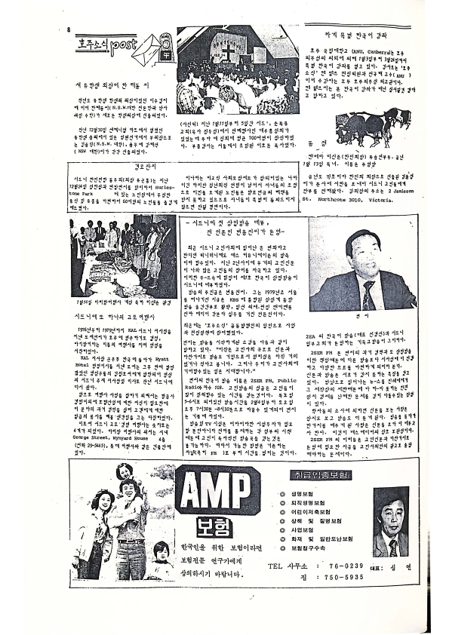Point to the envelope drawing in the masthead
pyautogui.click(x=153, y=48)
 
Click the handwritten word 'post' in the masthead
pyautogui.click(x=121, y=47)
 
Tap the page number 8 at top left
pyautogui.click(x=68, y=30)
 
